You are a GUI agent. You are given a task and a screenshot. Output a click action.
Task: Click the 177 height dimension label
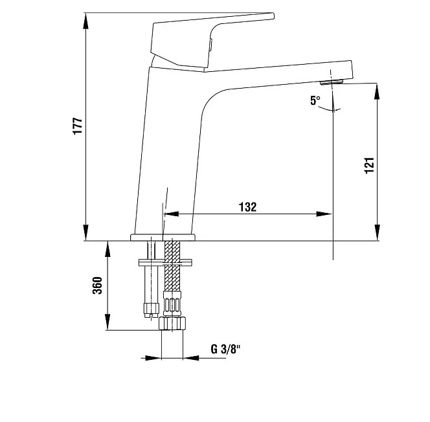[78, 126]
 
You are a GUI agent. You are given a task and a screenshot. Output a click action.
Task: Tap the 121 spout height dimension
[369, 165]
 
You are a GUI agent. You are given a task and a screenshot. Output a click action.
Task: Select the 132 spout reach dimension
[248, 207]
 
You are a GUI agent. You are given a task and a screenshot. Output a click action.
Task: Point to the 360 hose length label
[97, 285]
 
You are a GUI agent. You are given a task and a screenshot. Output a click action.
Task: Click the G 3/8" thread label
[225, 349]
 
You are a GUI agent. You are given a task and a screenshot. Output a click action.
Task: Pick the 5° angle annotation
[315, 100]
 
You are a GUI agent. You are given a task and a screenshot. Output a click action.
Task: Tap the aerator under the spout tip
[332, 82]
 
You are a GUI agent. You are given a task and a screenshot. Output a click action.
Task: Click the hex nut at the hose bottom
[172, 323]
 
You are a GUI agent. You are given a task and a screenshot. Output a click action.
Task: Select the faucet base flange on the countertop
[163, 238]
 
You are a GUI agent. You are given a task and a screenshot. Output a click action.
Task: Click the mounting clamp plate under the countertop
[165, 263]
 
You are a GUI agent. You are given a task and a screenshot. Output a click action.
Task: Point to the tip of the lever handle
[273, 16]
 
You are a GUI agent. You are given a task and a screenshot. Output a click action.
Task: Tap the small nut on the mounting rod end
[151, 309]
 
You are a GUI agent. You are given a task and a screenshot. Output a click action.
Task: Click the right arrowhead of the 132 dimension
[324, 214]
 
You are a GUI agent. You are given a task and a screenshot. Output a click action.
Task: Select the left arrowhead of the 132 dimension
[171, 214]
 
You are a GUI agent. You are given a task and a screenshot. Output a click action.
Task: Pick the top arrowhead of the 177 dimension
[86, 21]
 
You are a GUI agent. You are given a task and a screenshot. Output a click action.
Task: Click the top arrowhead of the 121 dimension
[377, 91]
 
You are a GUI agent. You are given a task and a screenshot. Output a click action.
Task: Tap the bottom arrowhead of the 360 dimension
[107, 322]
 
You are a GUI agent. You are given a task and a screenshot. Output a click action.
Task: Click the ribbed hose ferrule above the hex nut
[172, 304]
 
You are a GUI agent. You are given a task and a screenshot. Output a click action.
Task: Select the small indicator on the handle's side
[210, 45]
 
